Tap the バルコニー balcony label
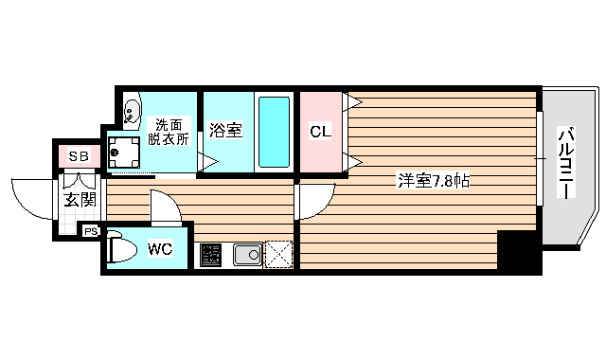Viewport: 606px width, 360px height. [x=564, y=163]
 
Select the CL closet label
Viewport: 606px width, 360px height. [x=321, y=132]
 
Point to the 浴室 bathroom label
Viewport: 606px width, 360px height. [x=226, y=131]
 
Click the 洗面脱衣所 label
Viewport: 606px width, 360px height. [x=168, y=132]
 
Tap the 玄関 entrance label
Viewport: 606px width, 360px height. [x=80, y=199]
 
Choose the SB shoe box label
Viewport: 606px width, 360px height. [x=77, y=155]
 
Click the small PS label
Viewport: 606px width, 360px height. [x=91, y=230]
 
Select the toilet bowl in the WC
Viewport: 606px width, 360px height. [x=120, y=248]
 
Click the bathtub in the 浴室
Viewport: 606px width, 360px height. [x=275, y=131]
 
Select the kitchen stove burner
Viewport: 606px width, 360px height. [x=211, y=255]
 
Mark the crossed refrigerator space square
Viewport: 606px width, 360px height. [x=279, y=254]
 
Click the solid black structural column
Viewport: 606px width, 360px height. [x=517, y=250]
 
